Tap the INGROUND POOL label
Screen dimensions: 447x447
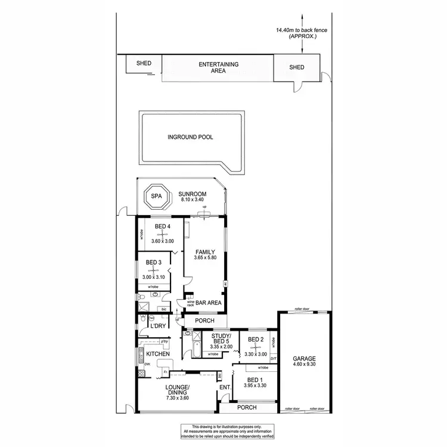pos(190,137)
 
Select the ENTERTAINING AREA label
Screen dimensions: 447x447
pos(219,67)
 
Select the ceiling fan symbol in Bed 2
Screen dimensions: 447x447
pos(256,347)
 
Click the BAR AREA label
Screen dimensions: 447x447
pos(209,303)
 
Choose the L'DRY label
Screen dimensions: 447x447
pos(158,326)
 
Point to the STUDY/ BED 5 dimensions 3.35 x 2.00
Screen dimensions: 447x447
pos(221,346)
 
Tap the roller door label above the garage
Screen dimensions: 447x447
pos(303,310)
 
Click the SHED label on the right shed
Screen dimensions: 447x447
pos(296,67)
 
